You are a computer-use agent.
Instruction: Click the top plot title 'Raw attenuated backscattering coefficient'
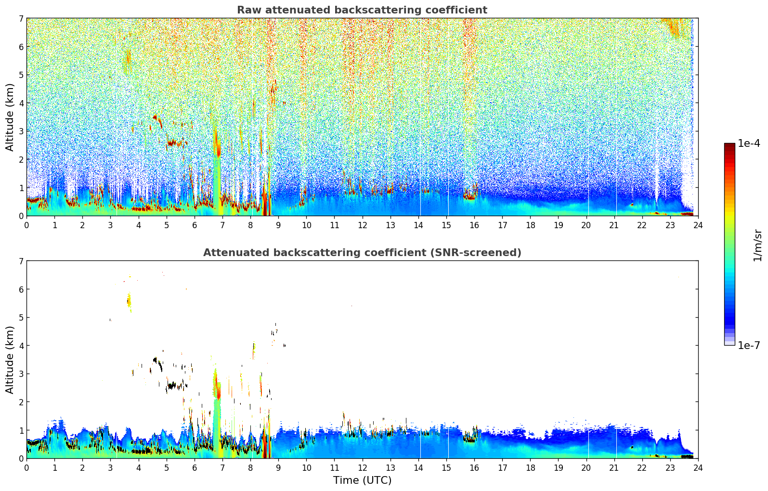(362, 10)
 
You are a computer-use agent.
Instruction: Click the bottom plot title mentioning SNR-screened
(362, 253)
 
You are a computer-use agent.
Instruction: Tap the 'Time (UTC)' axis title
(362, 480)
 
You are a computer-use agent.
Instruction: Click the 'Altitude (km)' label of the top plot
(10, 117)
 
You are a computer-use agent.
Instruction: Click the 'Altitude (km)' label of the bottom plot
(10, 360)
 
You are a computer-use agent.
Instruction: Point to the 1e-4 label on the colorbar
(749, 143)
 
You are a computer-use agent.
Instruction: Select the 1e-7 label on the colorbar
(749, 345)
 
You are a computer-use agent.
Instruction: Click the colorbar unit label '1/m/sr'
(757, 245)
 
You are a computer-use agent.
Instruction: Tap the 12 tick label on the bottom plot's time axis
(362, 468)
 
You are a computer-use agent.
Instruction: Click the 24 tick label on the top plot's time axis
(698, 225)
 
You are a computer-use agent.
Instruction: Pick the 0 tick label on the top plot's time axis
(26, 225)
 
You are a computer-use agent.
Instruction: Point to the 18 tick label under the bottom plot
(530, 468)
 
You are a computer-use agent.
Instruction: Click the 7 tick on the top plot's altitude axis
(21, 18)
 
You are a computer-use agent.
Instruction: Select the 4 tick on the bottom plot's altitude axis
(21, 346)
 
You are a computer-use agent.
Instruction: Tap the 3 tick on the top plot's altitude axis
(21, 131)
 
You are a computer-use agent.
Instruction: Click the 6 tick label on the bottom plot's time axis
(195, 468)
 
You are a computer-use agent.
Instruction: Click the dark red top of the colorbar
(729, 145)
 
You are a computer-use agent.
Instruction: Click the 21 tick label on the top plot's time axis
(614, 225)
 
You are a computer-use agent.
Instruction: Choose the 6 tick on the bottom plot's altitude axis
(21, 289)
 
